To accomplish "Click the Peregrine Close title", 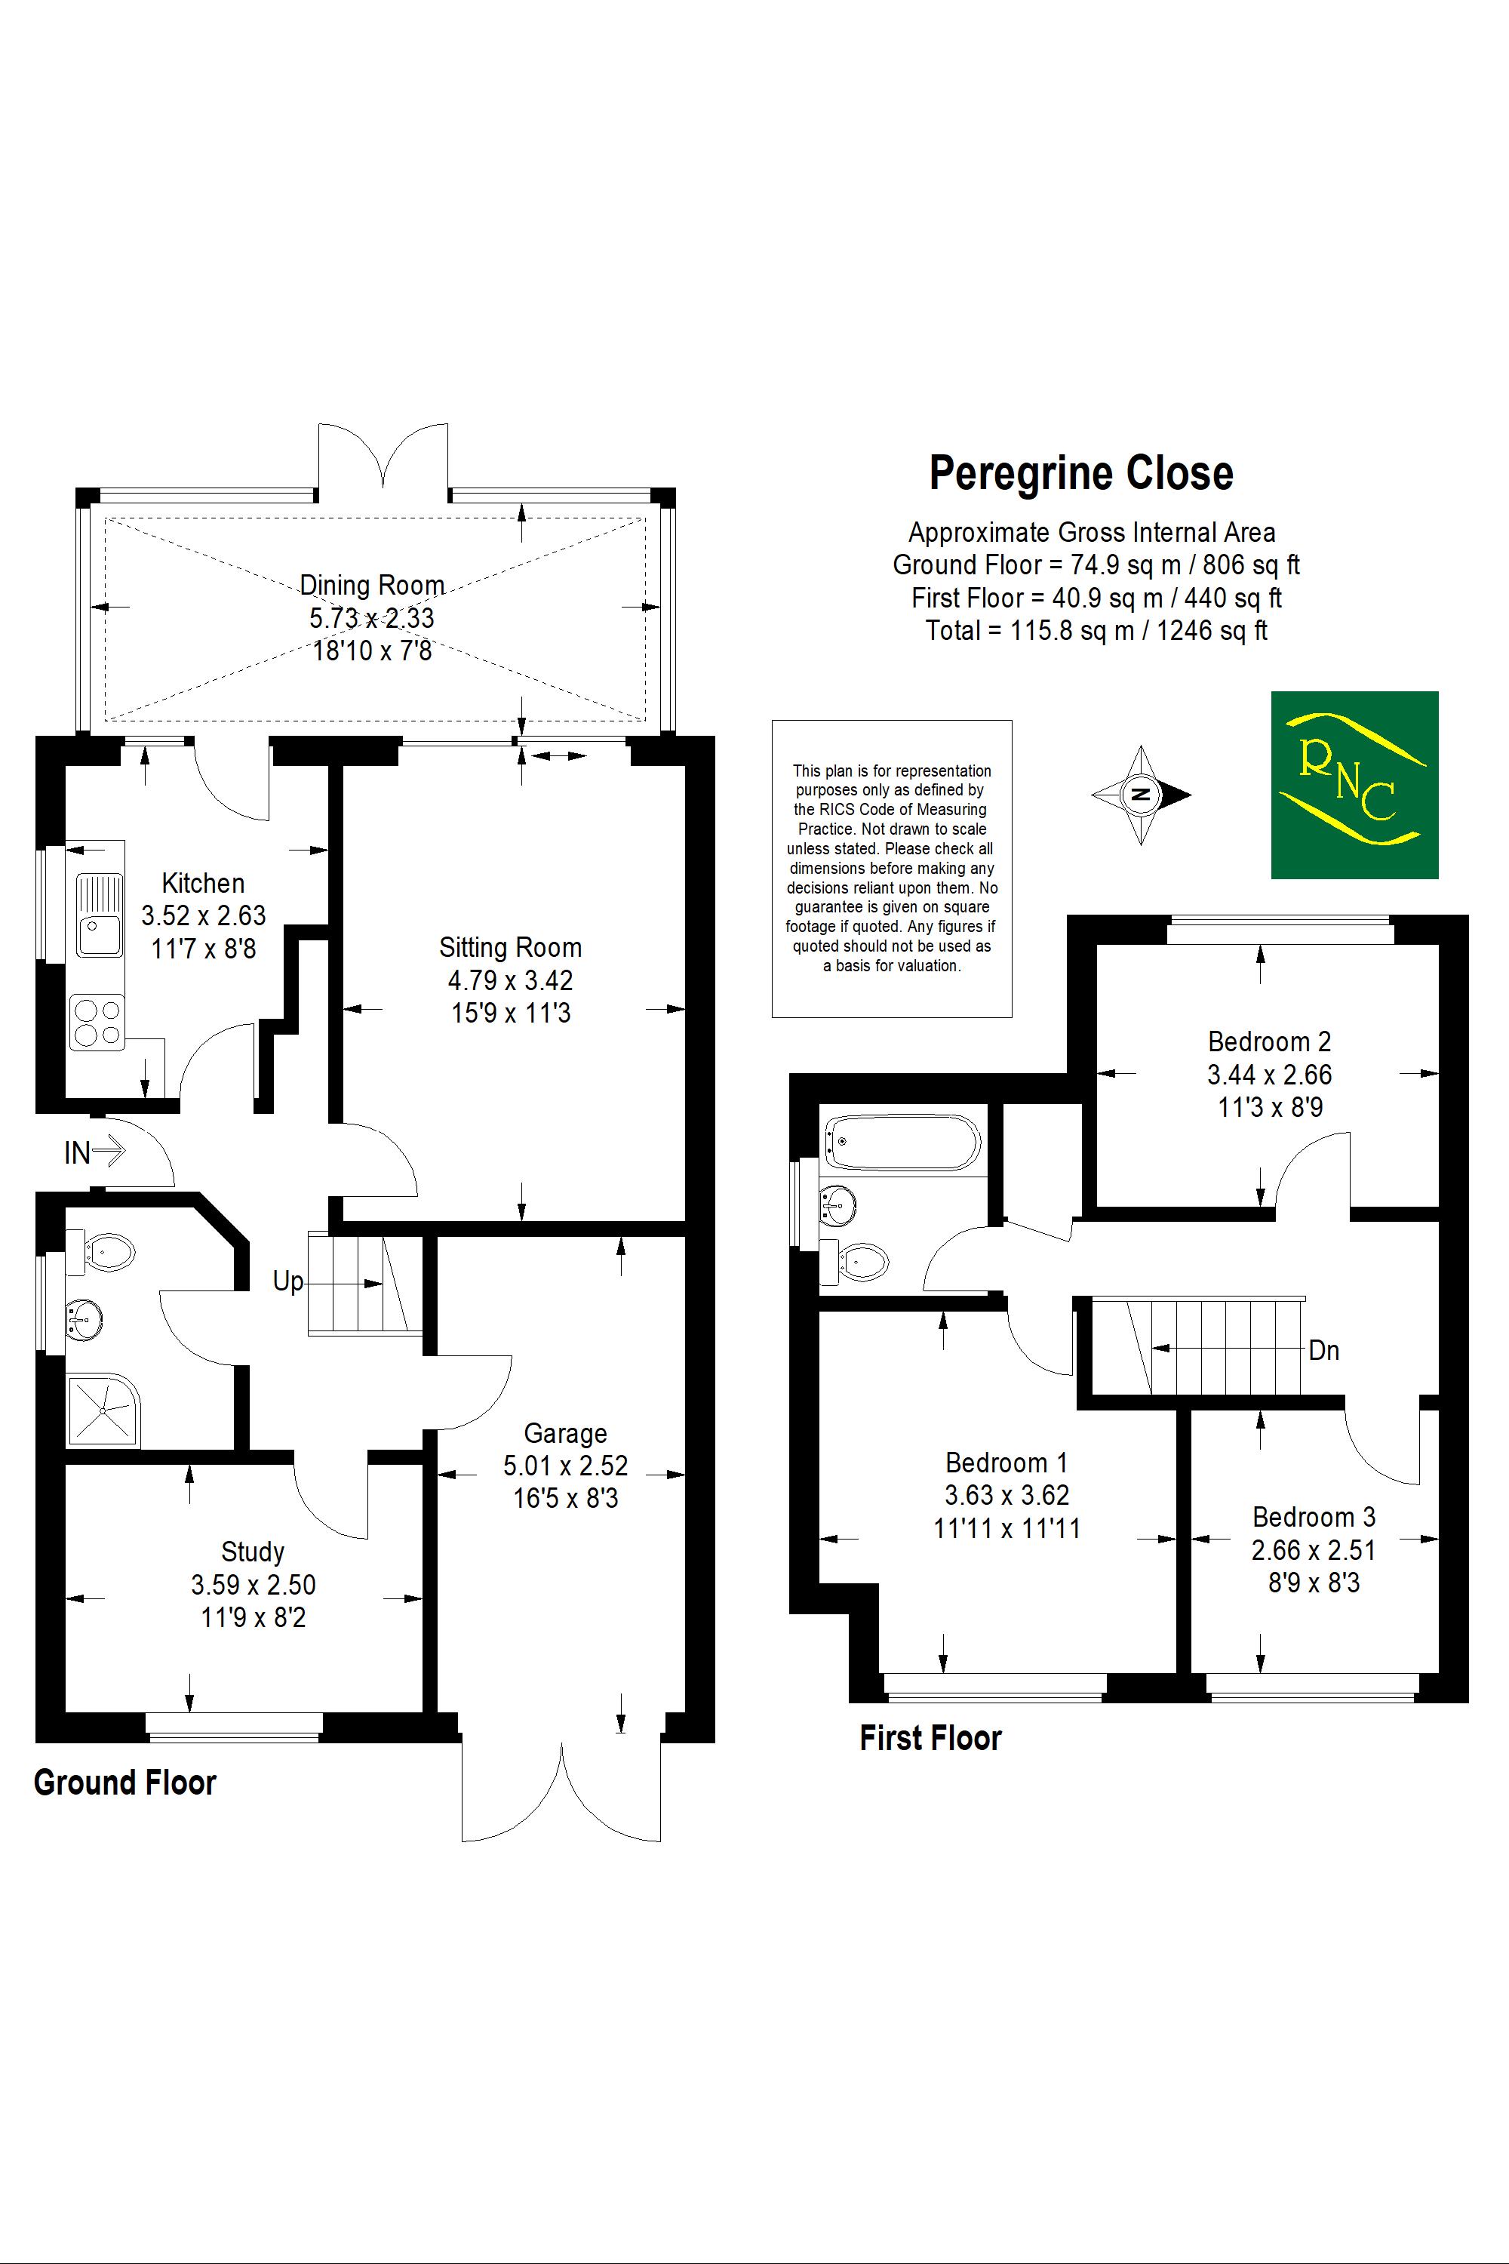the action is tap(1080, 474).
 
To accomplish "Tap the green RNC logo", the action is tap(1354, 785).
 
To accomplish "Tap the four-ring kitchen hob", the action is tap(97, 1023).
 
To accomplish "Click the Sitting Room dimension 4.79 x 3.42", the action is tap(510, 980).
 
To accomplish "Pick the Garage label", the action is tap(565, 1433).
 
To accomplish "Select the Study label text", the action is tap(253, 1552).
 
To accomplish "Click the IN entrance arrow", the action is tap(94, 1152).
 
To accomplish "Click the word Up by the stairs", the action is tap(287, 1281).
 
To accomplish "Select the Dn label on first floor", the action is tap(1324, 1351).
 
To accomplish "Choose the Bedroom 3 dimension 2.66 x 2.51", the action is tap(1314, 1550).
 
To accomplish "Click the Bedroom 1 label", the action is tap(1007, 1463).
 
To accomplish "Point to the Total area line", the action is tap(1096, 630).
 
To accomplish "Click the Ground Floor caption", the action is tap(125, 1783).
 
